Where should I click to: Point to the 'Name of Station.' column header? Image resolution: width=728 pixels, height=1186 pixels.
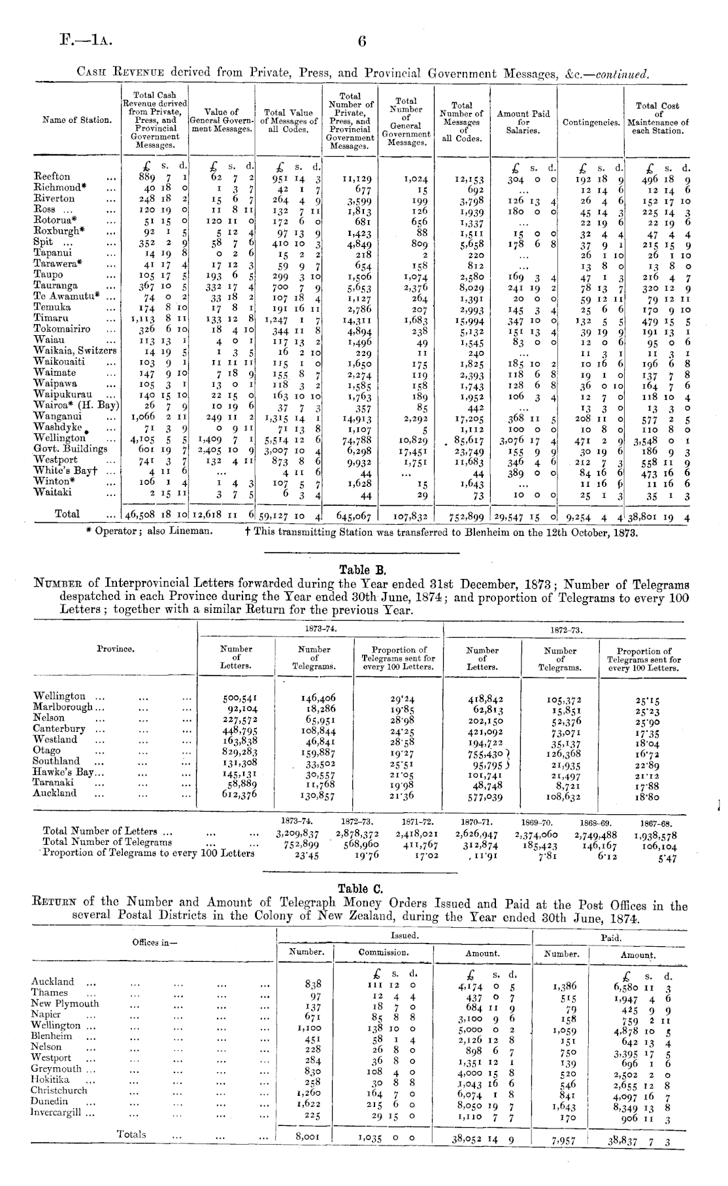(76, 120)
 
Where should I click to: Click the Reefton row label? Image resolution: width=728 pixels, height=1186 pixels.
(52, 176)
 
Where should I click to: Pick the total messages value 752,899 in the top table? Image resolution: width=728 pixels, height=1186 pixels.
(465, 516)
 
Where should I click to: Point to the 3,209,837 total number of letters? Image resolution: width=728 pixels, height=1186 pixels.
(297, 834)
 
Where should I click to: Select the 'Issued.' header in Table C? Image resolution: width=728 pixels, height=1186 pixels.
(405, 936)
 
